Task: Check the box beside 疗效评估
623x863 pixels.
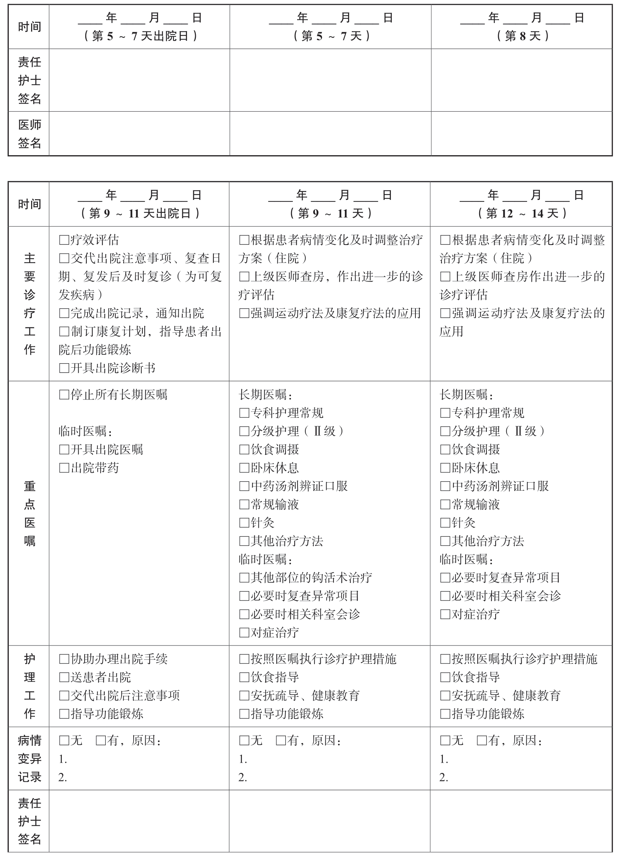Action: click(x=64, y=240)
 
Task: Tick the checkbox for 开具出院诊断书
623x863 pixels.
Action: click(x=64, y=368)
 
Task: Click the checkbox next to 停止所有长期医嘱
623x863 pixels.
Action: click(x=64, y=395)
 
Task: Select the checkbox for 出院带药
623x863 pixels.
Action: click(x=64, y=468)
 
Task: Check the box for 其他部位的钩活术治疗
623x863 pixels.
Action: click(x=244, y=578)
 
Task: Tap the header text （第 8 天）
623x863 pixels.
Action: click(x=523, y=36)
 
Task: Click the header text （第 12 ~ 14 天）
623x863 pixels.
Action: click(x=523, y=213)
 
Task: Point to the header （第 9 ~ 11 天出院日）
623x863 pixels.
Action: click(x=140, y=213)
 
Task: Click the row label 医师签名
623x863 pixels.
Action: click(x=29, y=134)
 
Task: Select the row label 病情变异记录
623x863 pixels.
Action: click(x=29, y=759)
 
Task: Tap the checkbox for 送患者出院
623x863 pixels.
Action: click(x=64, y=677)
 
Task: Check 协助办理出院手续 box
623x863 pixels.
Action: click(x=64, y=659)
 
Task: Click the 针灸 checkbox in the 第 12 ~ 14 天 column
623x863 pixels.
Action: click(x=445, y=523)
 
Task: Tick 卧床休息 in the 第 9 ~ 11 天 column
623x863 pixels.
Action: click(x=244, y=468)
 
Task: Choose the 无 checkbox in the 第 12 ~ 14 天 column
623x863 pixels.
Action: click(x=445, y=740)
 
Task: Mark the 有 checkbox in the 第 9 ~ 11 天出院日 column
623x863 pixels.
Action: click(x=100, y=740)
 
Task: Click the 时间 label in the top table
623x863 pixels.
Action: click(x=29, y=27)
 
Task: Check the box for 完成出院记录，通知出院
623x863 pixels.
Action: click(x=64, y=313)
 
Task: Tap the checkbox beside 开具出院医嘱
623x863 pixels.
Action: click(x=64, y=449)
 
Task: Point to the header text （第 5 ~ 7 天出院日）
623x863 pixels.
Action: click(x=140, y=36)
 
